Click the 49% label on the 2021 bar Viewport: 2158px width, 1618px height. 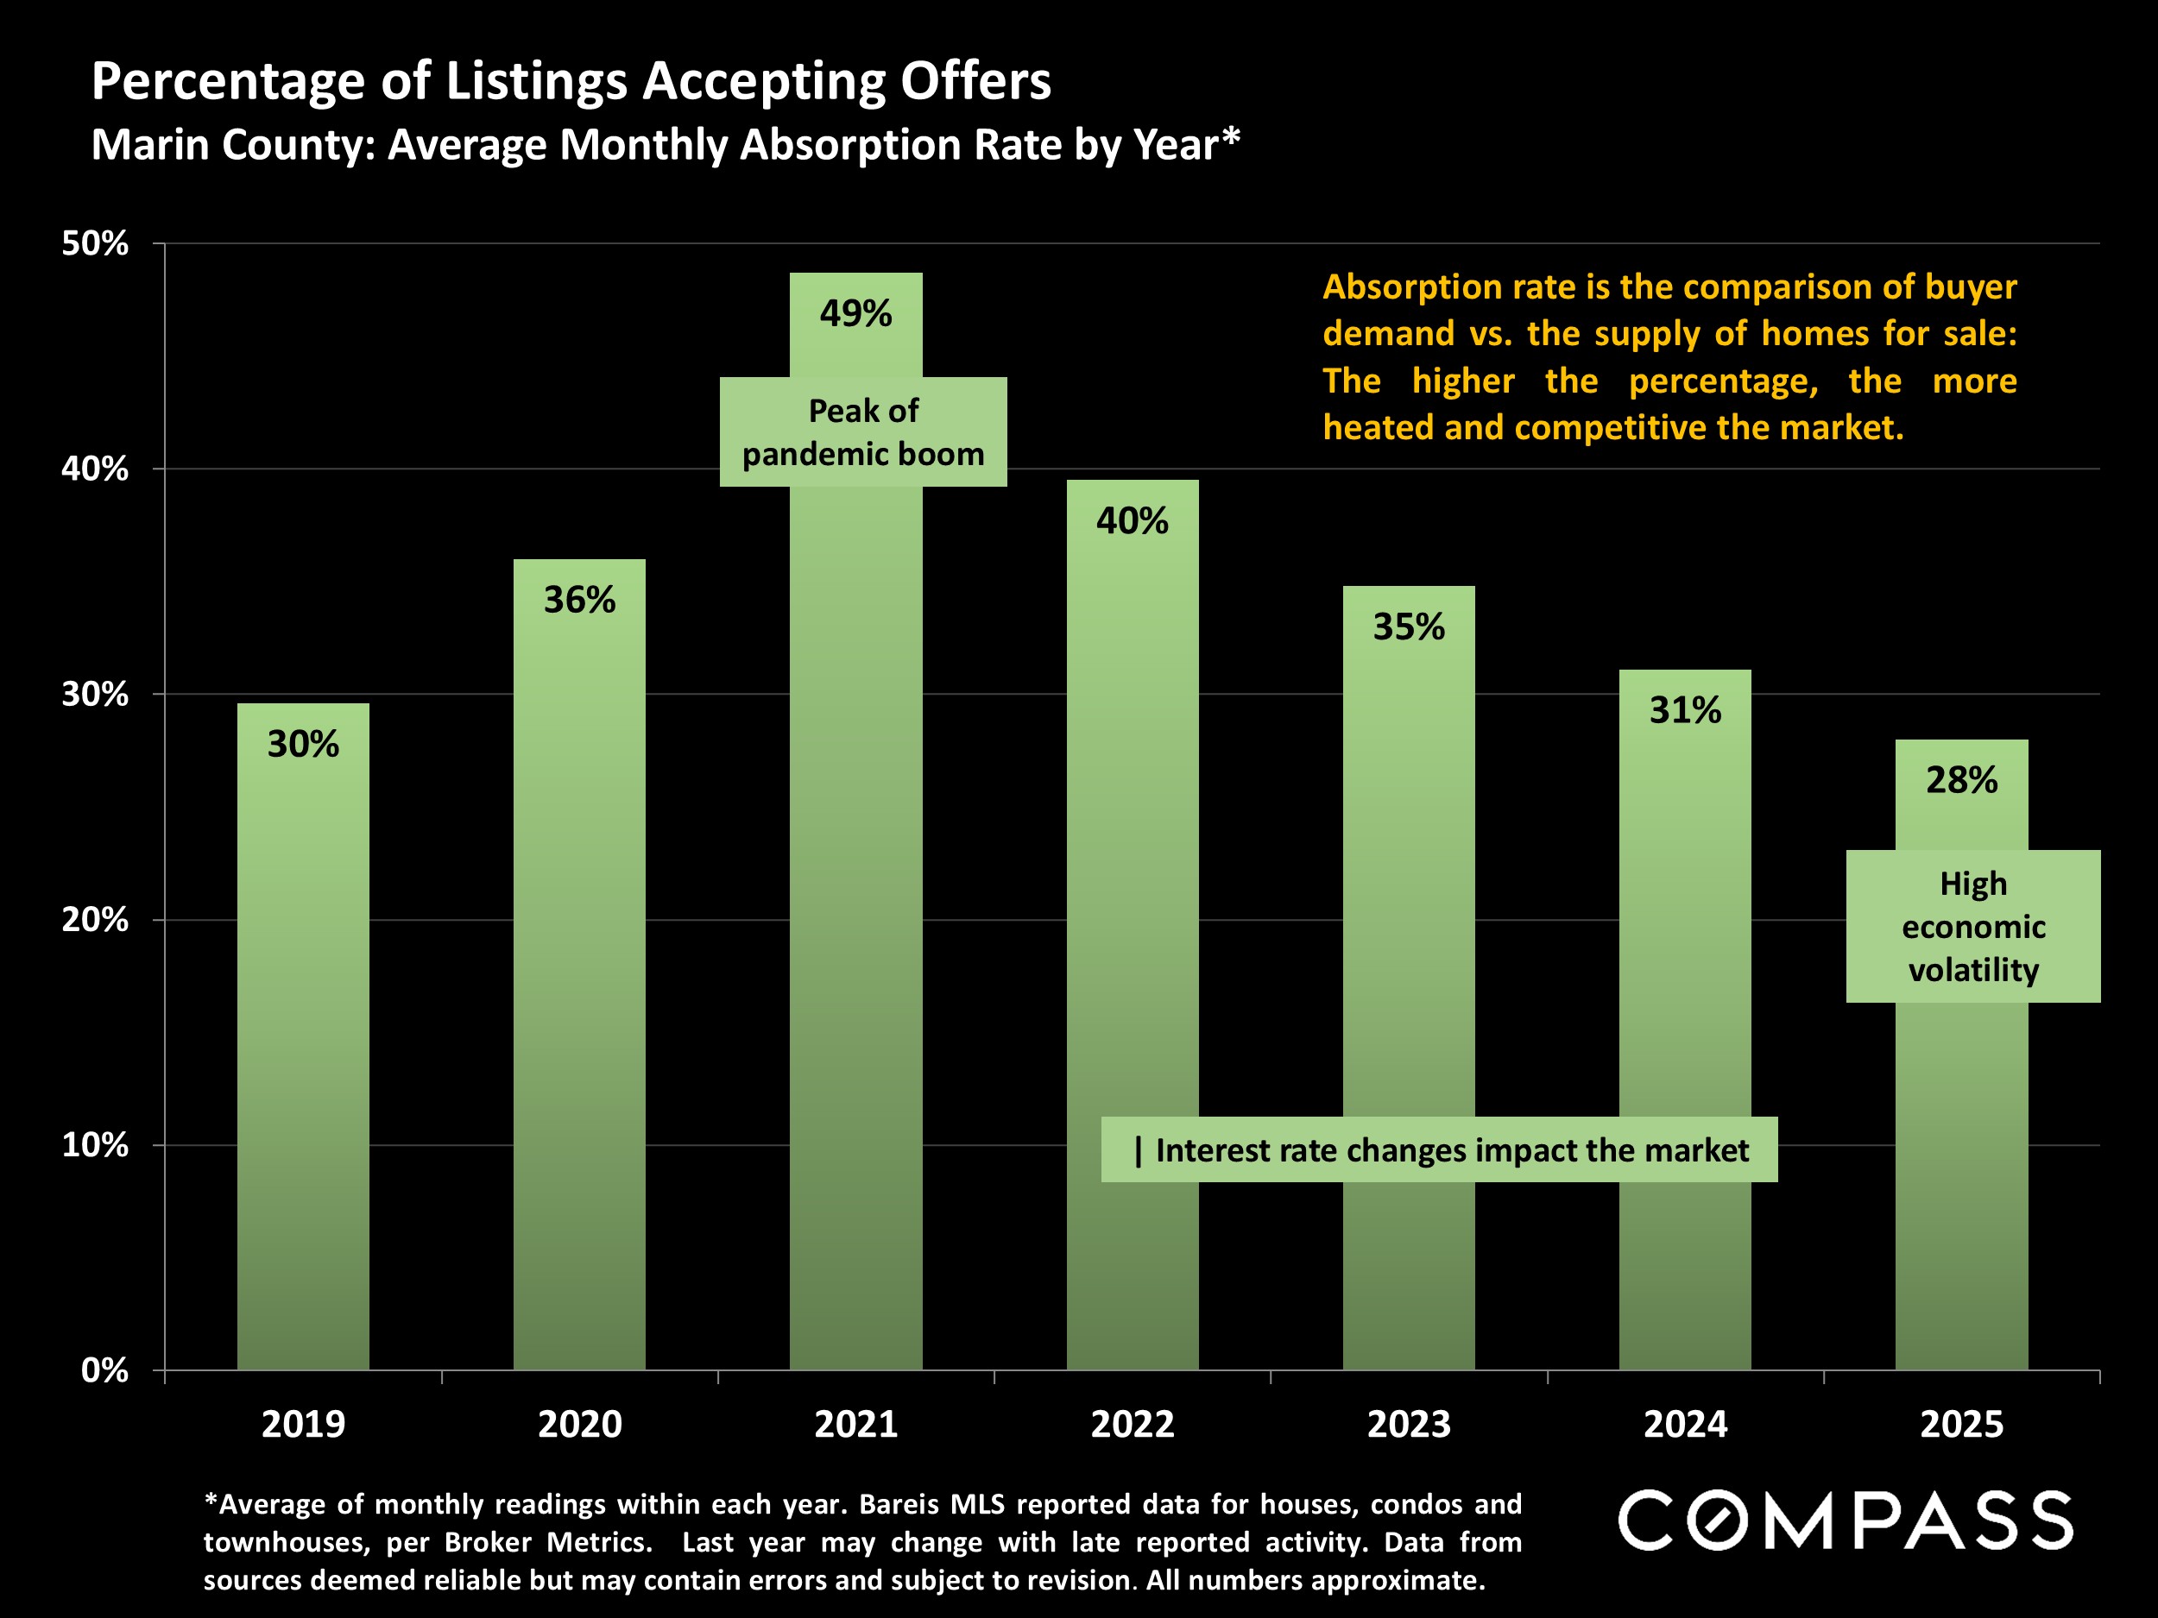point(855,314)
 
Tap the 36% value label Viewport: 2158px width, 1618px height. point(579,600)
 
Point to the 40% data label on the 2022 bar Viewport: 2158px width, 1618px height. point(1132,521)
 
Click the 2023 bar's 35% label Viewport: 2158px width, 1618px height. point(1409,627)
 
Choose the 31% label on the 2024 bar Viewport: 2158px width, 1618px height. point(1685,710)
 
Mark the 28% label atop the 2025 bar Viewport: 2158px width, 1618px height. point(1961,780)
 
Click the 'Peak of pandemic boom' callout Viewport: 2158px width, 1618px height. point(863,432)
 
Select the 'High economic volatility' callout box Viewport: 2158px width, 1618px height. point(1972,927)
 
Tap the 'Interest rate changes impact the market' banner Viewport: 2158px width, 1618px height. point(1439,1150)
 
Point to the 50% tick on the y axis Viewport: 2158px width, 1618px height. point(96,244)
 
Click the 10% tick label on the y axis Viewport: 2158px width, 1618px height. point(96,1145)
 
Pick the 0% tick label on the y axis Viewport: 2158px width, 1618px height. point(104,1370)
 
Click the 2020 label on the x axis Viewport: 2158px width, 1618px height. point(579,1425)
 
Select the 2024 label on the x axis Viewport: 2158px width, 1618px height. point(1685,1425)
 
